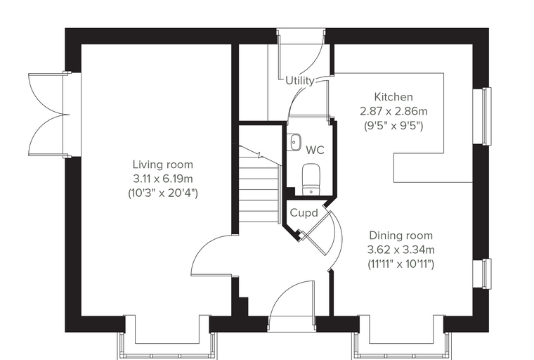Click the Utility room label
coord(300,81)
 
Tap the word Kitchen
coord(393,97)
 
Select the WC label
coord(315,150)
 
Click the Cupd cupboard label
coord(304,213)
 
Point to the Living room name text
coord(163,165)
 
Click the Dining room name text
coord(400,236)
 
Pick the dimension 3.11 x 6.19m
coord(163,179)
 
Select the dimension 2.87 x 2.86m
coord(393,111)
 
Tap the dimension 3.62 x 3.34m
coord(400,250)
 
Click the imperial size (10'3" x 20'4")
coord(163,193)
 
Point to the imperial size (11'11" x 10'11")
coord(400,264)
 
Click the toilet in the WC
coord(311,179)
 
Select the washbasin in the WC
coord(294,142)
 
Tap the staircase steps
coord(260,184)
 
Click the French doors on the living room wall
coord(49,115)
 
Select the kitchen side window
coord(487,116)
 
